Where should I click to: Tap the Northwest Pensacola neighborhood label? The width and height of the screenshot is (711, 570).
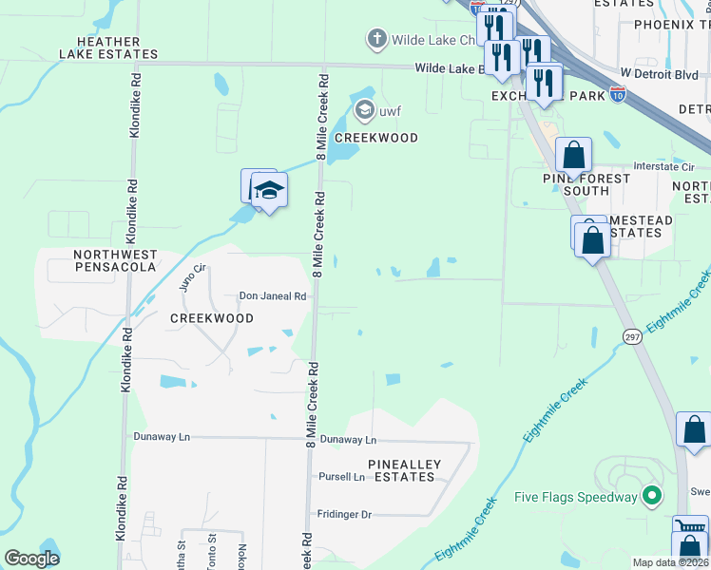tap(116, 261)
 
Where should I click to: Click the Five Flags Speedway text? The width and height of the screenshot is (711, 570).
tap(575, 497)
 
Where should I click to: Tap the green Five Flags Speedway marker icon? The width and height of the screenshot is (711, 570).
tap(651, 496)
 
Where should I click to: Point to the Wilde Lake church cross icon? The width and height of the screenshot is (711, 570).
tap(375, 40)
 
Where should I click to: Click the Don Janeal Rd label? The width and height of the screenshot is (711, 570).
tap(272, 296)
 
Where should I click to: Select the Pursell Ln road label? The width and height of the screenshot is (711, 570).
tap(341, 477)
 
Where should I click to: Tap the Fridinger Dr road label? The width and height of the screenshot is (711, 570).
tap(344, 514)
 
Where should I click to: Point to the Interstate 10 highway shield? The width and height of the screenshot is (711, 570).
tap(618, 95)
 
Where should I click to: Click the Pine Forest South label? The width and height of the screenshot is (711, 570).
tap(586, 184)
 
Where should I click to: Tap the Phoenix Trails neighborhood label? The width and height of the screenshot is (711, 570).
tap(671, 24)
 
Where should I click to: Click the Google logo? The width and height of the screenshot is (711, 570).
tap(31, 559)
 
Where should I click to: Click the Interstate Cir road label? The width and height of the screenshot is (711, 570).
tap(663, 166)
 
